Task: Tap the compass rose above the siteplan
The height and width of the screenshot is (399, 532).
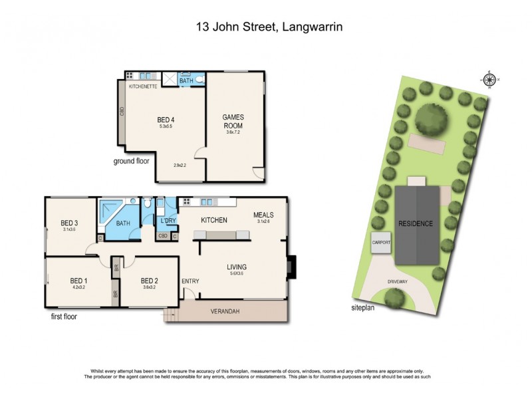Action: (x=489, y=80)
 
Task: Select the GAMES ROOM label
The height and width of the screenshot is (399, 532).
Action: (x=233, y=120)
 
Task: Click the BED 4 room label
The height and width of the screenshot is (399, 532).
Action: (x=166, y=120)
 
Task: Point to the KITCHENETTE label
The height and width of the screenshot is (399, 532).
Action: (x=143, y=86)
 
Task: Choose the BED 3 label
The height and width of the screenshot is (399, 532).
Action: (x=70, y=223)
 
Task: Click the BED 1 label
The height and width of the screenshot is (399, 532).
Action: (x=79, y=281)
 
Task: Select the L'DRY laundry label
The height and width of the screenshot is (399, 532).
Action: (x=168, y=220)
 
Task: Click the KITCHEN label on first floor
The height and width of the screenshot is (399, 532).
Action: (x=214, y=220)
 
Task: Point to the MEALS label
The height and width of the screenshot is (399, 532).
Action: (x=263, y=215)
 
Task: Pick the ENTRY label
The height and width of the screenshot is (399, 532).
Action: (x=190, y=281)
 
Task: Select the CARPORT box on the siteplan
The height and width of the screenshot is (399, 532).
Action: (x=382, y=243)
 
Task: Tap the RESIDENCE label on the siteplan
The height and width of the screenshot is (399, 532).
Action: (x=416, y=224)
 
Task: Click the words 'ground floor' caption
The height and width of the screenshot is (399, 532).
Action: (x=132, y=161)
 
